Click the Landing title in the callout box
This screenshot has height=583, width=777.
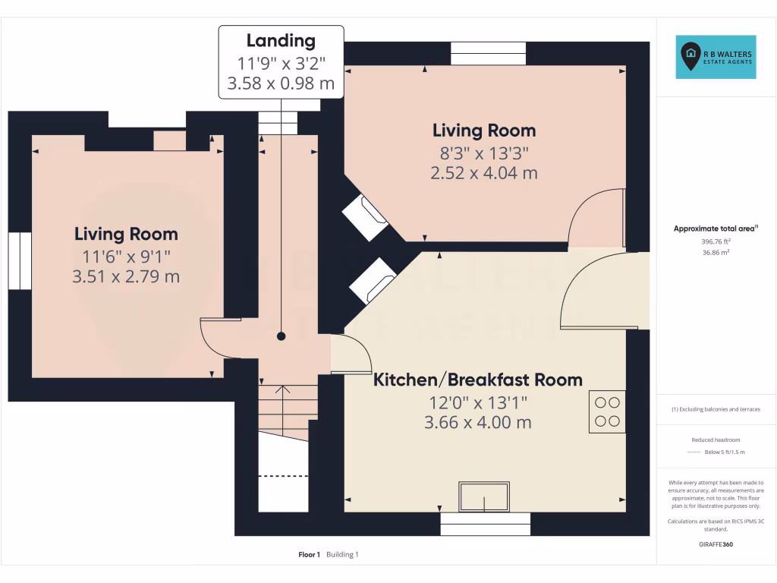coord(281,41)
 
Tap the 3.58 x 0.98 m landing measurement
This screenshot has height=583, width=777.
coord(281,84)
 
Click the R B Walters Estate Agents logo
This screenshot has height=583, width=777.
coord(717,57)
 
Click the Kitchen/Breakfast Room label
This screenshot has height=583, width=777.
coord(477,380)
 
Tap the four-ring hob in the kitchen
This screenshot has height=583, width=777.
coord(606,411)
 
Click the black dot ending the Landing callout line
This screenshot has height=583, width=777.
coord(282,336)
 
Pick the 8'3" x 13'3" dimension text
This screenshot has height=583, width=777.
coord(483,152)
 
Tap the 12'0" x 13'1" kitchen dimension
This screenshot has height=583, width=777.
coord(477,402)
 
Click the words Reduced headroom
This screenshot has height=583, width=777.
coord(716,440)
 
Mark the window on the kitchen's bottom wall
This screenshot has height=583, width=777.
coord(485,524)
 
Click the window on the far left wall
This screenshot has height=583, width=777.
coord(20,260)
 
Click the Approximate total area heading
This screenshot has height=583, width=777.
coord(716,228)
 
